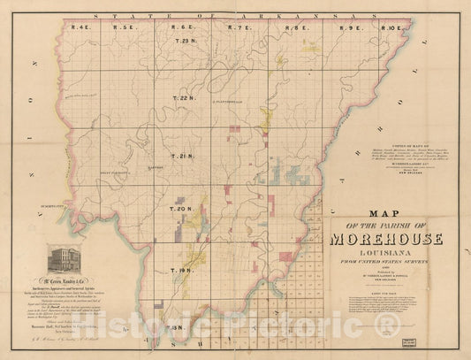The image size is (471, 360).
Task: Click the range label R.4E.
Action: click(81, 29)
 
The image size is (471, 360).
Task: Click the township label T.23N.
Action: click(186, 42)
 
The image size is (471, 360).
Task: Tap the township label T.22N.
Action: click(183, 98)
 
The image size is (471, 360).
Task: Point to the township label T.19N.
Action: click(182, 270)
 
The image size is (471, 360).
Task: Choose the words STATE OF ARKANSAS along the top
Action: click(239, 16)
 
